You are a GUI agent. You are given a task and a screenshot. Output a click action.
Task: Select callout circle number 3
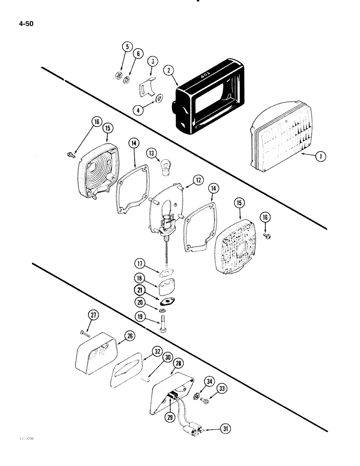tap(152, 62)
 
